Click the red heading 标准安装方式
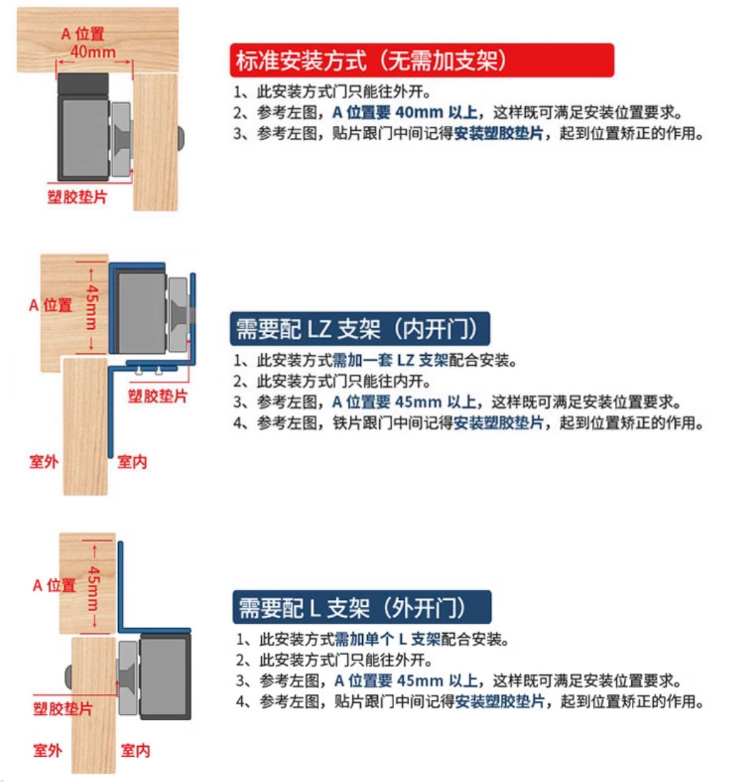pos(301,61)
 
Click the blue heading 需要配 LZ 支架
pos(308,329)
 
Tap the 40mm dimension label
pos(93,52)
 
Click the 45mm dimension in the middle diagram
pos(91,307)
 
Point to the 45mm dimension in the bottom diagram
pos(93,588)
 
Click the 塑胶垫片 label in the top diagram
pos(77,197)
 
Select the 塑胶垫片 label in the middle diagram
pos(157,396)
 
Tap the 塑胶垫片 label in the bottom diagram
pos(63,708)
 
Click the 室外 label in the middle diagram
pos(44,461)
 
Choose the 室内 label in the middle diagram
pos(132,461)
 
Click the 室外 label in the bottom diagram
pos(47,750)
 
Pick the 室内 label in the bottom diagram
pos(135,750)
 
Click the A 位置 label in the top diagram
pos(83,34)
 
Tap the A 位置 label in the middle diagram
pos(50,305)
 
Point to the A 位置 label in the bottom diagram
pos(54,585)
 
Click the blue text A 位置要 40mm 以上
pos(405,112)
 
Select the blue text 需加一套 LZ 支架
pos(391,360)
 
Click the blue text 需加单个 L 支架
pos(387,639)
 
